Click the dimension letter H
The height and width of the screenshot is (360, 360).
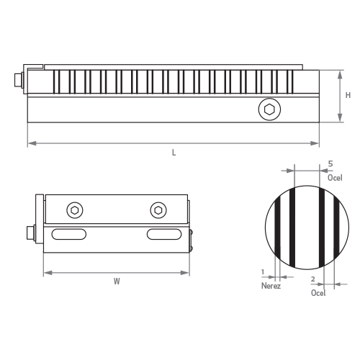[348, 95]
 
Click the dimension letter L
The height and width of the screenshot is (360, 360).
[174, 153]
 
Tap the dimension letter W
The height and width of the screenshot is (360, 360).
[117, 282]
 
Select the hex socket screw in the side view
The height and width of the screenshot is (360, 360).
[269, 109]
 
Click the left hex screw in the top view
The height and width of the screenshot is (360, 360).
[75, 210]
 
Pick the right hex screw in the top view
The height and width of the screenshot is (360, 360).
[158, 210]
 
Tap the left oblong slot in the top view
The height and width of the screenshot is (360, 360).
[69, 234]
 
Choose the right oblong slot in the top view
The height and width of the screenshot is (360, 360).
[164, 234]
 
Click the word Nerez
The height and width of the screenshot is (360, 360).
[271, 286]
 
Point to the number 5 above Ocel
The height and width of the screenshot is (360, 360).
[330, 164]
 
